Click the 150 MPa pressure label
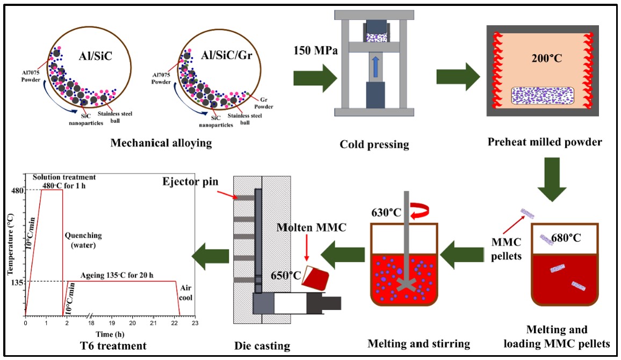[x=315, y=52]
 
